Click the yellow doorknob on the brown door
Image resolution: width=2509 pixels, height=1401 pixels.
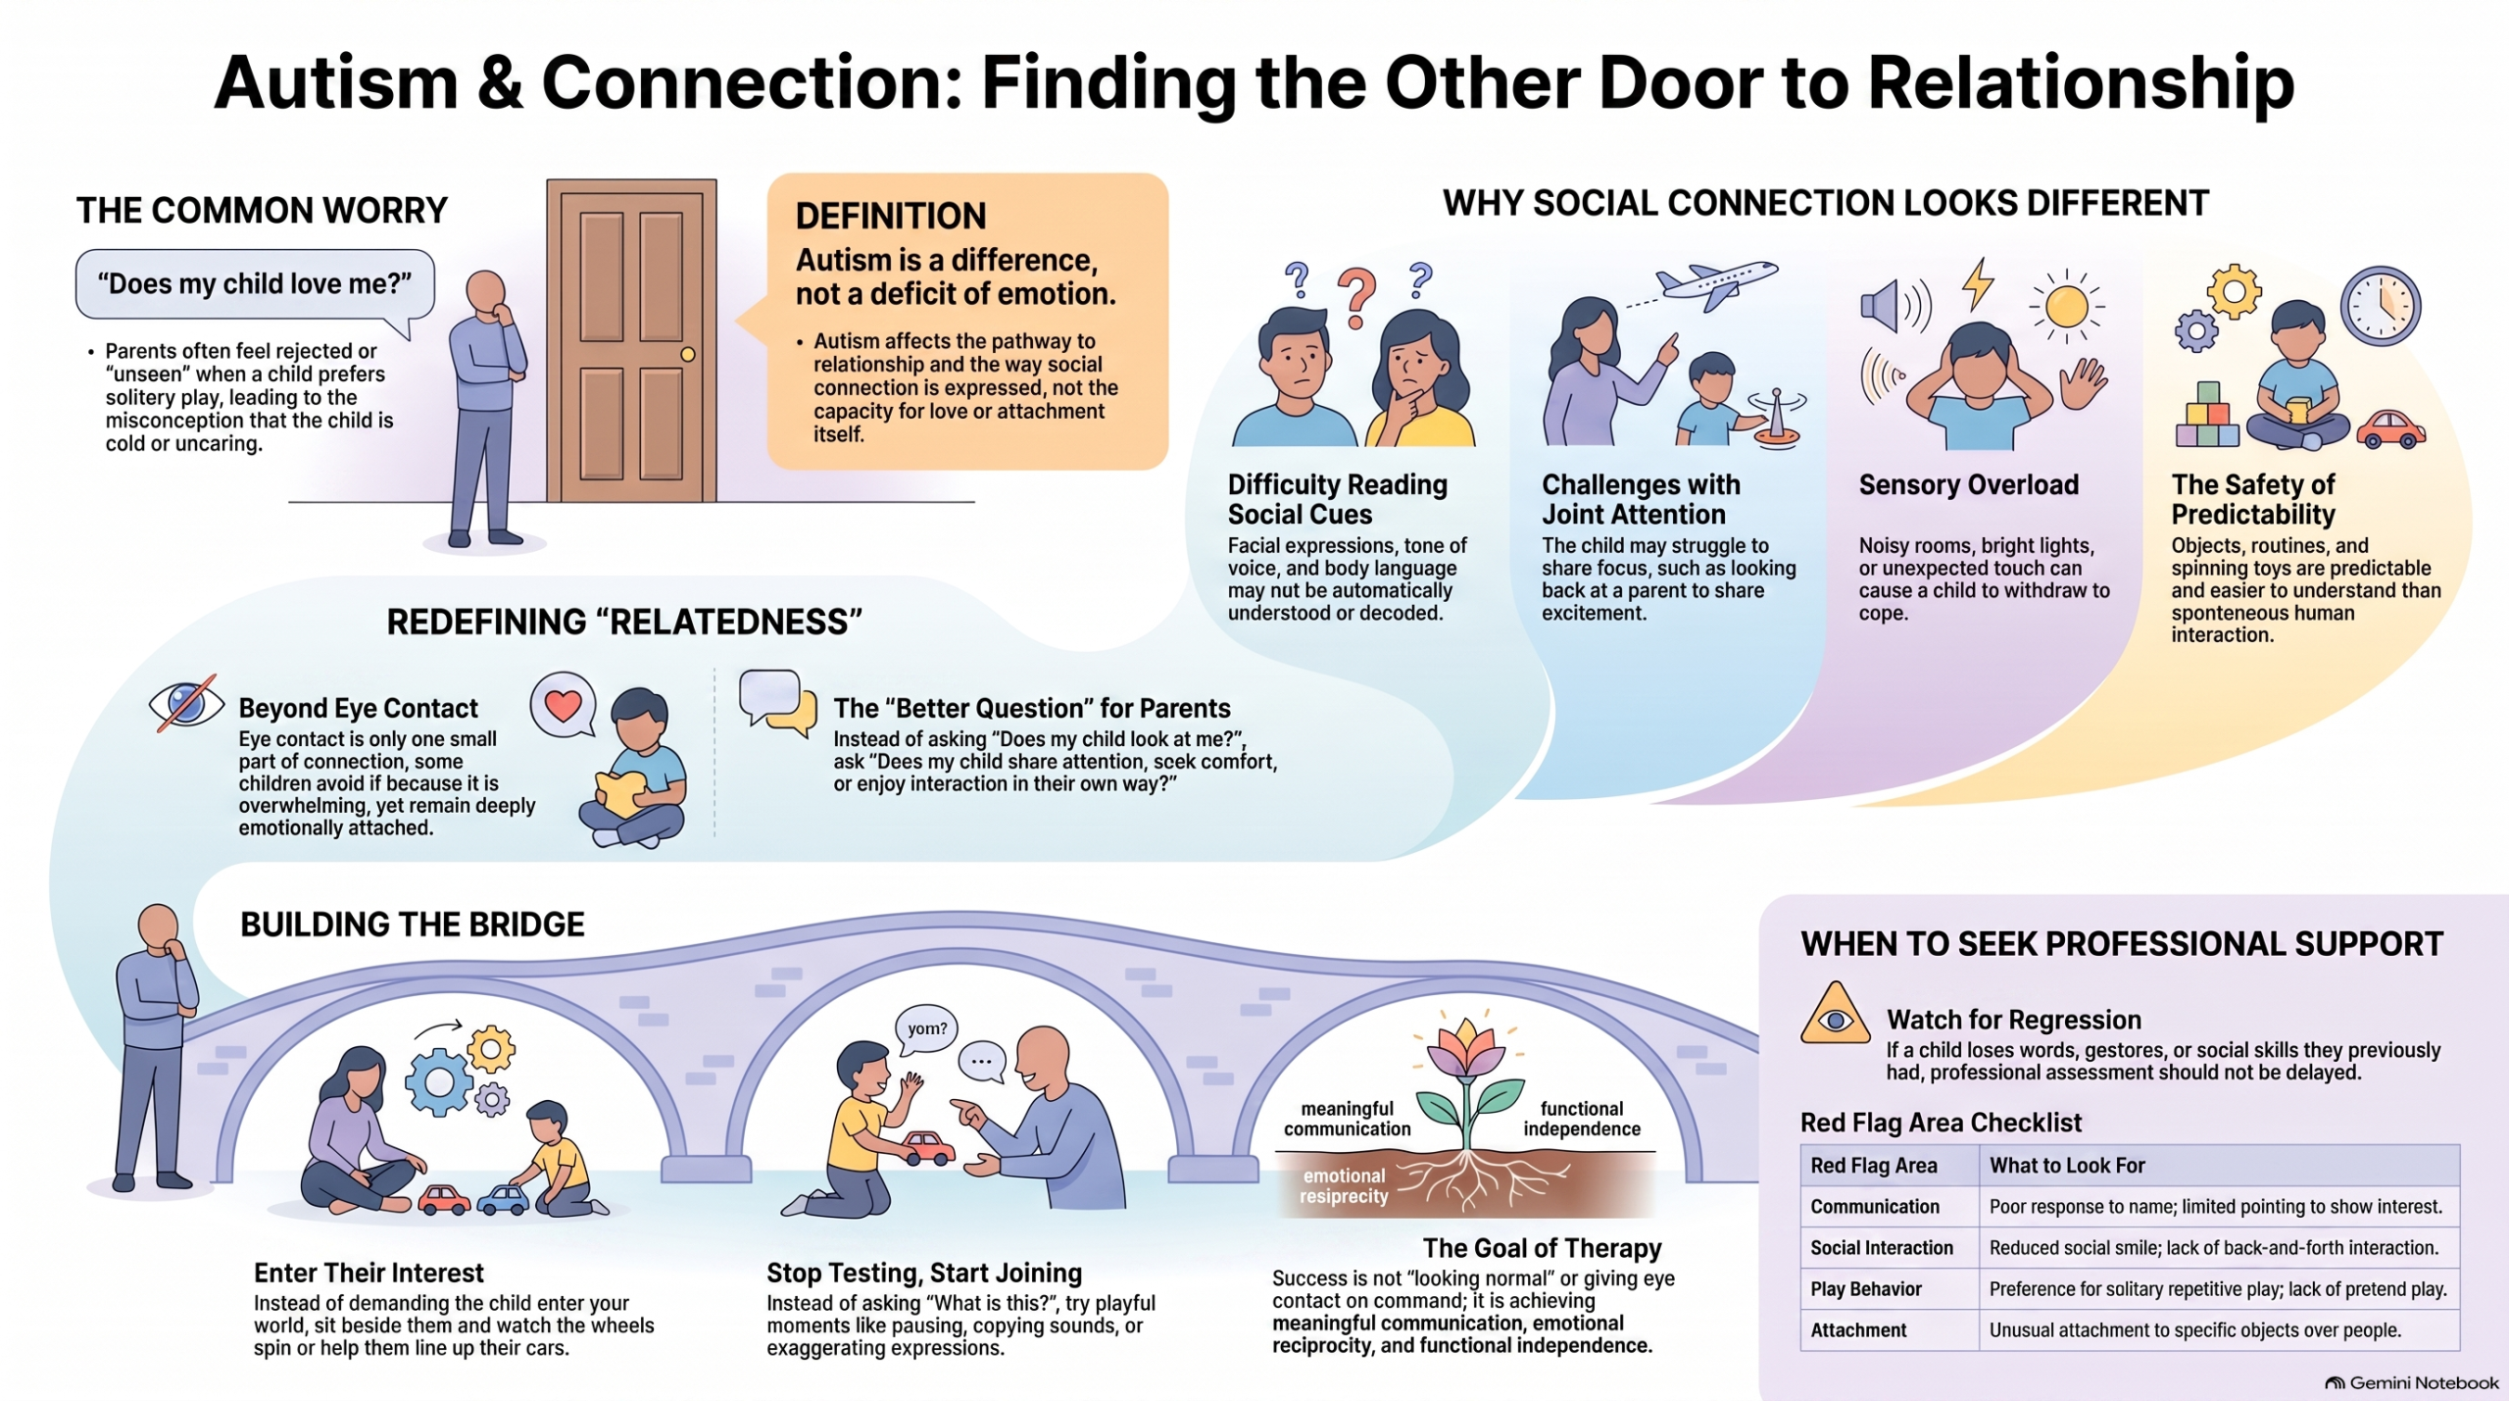687,354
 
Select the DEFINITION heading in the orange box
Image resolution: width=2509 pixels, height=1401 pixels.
891,216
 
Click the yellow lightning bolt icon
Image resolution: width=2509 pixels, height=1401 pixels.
1977,284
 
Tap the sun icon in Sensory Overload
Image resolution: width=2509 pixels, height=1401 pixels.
2067,307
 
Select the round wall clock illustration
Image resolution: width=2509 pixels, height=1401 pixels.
2381,306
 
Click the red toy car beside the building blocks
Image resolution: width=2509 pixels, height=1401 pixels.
2390,429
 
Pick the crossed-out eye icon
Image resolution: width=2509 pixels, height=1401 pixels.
186,703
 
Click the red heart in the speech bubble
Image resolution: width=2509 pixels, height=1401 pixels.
564,704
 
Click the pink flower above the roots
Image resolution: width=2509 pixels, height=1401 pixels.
1465,1049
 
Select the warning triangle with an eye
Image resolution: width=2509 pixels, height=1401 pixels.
1835,1016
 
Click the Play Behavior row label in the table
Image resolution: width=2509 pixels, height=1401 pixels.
1866,1289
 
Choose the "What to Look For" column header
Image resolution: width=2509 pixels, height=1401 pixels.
2067,1166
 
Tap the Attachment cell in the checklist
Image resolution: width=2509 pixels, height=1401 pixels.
1858,1330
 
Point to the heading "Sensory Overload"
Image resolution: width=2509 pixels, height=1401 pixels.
1968,485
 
